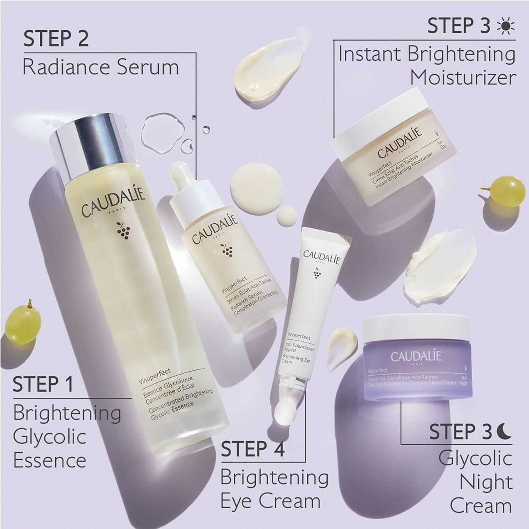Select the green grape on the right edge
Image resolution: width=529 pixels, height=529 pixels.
[507, 191]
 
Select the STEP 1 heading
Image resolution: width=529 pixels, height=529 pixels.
[43, 384]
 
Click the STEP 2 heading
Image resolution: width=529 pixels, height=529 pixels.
[56, 38]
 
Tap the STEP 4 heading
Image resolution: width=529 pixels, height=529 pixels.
[253, 449]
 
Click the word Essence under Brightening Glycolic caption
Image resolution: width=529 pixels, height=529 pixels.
[49, 460]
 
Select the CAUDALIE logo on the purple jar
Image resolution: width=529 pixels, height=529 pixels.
[416, 356]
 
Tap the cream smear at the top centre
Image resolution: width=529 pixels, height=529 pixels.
[264, 63]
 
